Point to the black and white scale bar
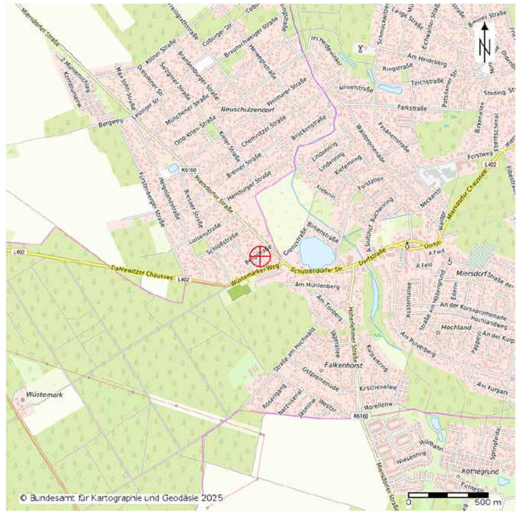point(448,494)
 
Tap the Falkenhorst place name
point(344,366)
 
